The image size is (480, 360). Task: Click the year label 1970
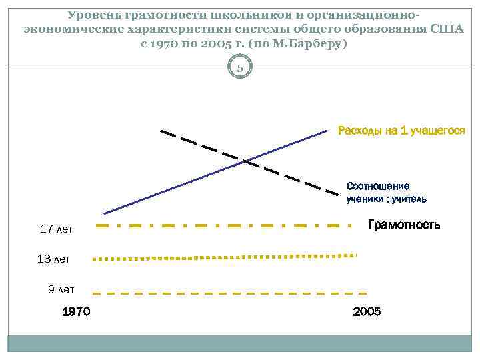75,311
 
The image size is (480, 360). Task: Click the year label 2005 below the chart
367,311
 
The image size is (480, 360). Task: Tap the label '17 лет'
56,230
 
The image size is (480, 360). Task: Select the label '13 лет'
53,259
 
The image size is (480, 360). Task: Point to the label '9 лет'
61,289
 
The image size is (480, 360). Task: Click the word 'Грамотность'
404,225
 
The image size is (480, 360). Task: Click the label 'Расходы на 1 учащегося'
401,131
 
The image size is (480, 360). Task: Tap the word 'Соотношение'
378,186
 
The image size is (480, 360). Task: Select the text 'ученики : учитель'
387,199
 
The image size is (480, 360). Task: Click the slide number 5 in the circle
241,67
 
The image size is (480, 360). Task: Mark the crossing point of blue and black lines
245,161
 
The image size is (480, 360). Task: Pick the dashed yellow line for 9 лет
227,293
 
